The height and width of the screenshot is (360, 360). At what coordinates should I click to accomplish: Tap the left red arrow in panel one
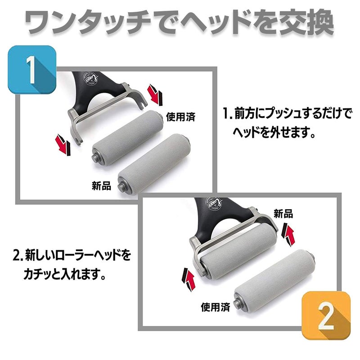63,145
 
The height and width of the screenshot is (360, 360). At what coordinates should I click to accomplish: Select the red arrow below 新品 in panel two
288,233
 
